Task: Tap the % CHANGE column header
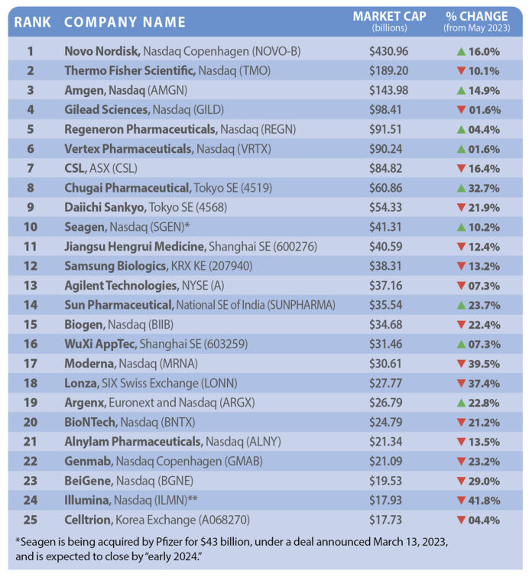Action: (476, 16)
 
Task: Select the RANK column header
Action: (32, 21)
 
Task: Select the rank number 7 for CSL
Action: (31, 168)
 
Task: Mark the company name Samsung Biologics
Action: (114, 266)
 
